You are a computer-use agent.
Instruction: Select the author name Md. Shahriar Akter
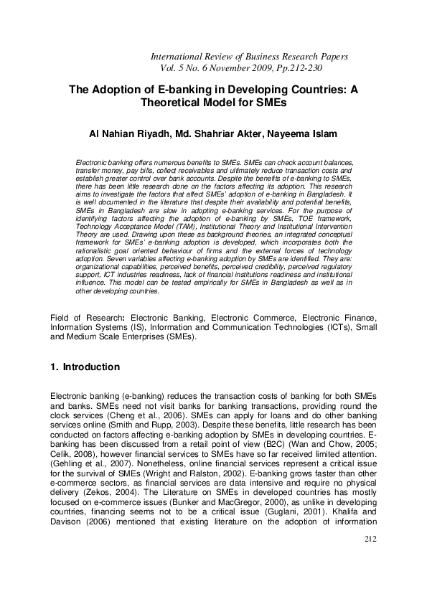[x=222, y=133]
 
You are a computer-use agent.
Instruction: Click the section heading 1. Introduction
[x=85, y=367]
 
